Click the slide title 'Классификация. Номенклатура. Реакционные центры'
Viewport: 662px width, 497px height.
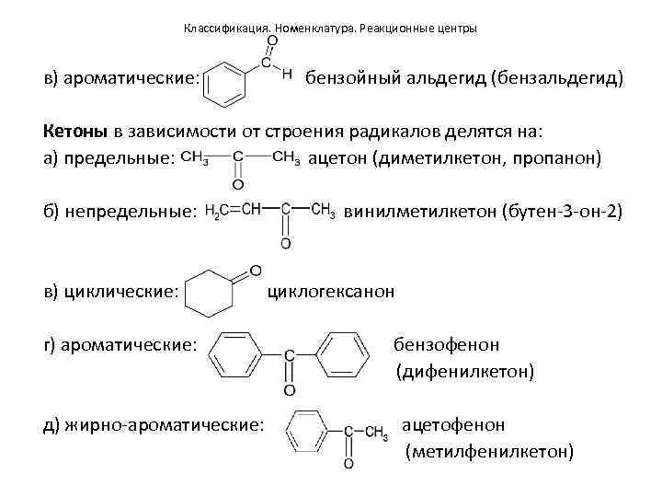tap(330, 29)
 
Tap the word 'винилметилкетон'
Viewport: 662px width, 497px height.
tap(419, 213)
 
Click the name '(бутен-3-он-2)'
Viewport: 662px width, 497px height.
tap(562, 213)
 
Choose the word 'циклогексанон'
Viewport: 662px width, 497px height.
tap(331, 292)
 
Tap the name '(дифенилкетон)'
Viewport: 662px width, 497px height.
tap(464, 372)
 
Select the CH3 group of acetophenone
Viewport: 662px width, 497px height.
tap(375, 432)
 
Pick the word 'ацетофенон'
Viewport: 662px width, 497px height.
tap(453, 425)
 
